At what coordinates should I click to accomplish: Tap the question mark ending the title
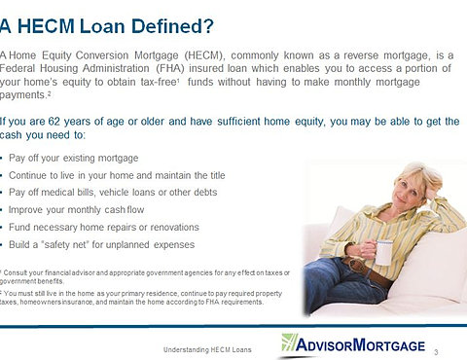tap(209, 26)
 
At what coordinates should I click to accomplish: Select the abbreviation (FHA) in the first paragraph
tap(170, 68)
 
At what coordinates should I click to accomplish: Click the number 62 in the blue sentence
tap(54, 122)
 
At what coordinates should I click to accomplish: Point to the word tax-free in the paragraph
tap(159, 82)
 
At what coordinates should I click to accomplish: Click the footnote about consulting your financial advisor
tap(145, 276)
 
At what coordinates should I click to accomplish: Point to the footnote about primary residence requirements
tap(141, 298)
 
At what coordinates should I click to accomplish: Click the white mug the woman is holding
tap(384, 253)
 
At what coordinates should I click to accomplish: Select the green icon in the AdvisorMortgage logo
tap(289, 342)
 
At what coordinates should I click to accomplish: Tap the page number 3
tap(436, 352)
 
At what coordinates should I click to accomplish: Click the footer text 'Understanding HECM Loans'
tap(207, 350)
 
